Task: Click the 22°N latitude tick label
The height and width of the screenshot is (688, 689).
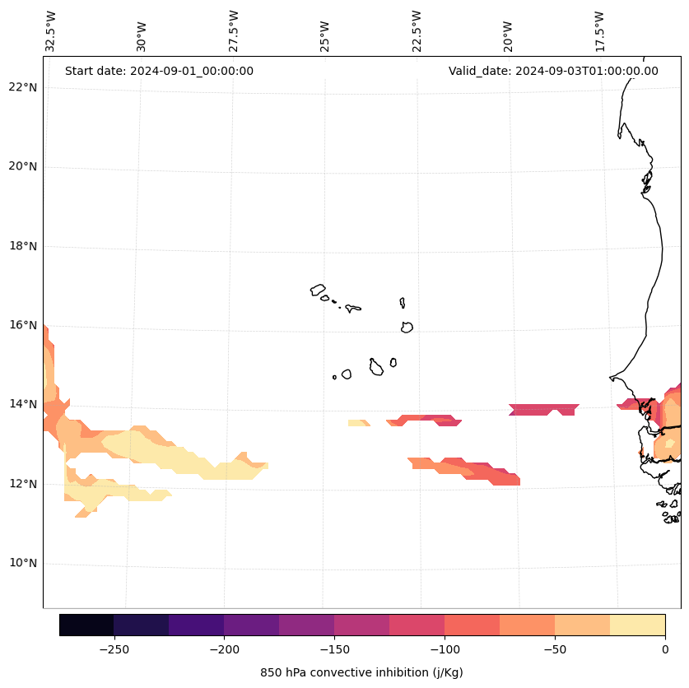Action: (x=21, y=87)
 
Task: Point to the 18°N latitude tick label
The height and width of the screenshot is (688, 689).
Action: (x=21, y=246)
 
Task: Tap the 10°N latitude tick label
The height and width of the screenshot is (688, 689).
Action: (x=21, y=564)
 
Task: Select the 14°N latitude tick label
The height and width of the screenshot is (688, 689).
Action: (x=21, y=404)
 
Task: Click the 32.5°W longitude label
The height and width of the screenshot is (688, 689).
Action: (x=51, y=31)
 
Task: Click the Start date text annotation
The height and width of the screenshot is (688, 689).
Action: (x=159, y=71)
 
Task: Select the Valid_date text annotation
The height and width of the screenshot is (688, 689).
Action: (x=553, y=71)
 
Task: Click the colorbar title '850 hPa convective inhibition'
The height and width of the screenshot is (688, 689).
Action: (x=361, y=672)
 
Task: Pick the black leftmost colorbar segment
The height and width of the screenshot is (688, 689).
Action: (x=86, y=625)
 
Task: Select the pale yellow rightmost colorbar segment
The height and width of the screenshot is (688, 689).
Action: (x=638, y=625)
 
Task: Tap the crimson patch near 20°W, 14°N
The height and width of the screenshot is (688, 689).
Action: (x=543, y=409)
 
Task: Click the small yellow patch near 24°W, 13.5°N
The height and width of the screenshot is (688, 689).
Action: (x=357, y=423)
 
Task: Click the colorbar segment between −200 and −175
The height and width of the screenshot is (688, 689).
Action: (x=252, y=625)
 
